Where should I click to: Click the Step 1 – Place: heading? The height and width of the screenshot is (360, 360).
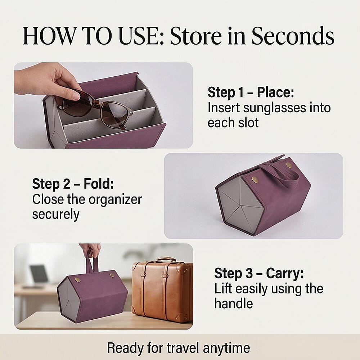click(x=251, y=93)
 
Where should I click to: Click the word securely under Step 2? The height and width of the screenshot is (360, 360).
click(x=55, y=214)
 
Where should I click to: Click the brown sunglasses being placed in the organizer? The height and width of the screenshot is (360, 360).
click(x=97, y=108)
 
